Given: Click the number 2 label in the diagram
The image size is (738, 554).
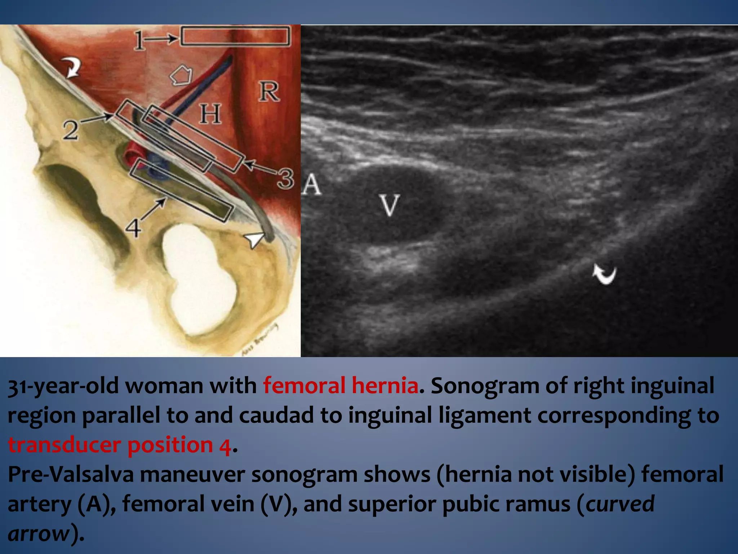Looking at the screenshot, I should coord(71,130).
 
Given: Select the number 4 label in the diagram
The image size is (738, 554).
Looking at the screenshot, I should coord(133,228).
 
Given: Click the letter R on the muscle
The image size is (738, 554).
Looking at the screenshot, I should coord(269,92).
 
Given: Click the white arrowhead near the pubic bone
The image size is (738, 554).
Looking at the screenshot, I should coord(254,239).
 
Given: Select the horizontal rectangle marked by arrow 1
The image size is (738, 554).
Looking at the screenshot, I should coord(235,36).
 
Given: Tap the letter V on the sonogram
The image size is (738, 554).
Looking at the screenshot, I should coord(390,205).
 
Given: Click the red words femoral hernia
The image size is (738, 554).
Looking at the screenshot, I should coord(341,385).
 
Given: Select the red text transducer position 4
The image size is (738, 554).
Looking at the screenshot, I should coord(119,444).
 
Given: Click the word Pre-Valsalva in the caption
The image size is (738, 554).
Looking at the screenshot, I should coord(71,474).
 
